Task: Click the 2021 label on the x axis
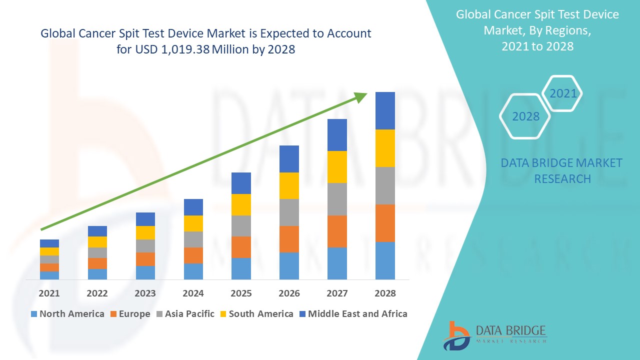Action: click(x=49, y=293)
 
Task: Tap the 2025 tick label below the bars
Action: click(x=241, y=293)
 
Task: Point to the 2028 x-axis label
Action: click(x=385, y=293)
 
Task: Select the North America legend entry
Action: click(x=67, y=314)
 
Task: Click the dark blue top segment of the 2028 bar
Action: click(x=385, y=110)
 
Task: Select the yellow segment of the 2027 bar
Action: click(x=337, y=166)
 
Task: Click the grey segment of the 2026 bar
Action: click(x=289, y=212)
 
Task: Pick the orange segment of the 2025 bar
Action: click(x=241, y=247)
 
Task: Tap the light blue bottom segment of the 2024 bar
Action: click(x=193, y=271)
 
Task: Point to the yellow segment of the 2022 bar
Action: click(x=97, y=241)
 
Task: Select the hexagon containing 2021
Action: click(x=562, y=93)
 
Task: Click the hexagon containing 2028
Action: click(x=525, y=116)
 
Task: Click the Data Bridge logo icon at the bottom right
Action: click(x=456, y=335)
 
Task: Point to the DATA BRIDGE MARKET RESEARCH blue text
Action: click(x=562, y=170)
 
